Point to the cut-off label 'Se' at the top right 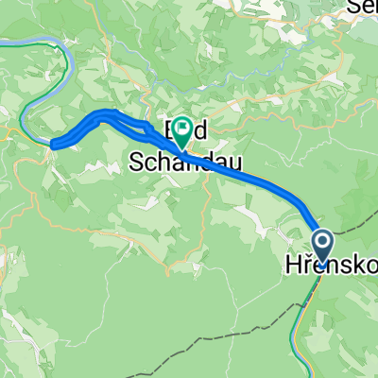click(x=363, y=7)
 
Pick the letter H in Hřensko click(x=290, y=267)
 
